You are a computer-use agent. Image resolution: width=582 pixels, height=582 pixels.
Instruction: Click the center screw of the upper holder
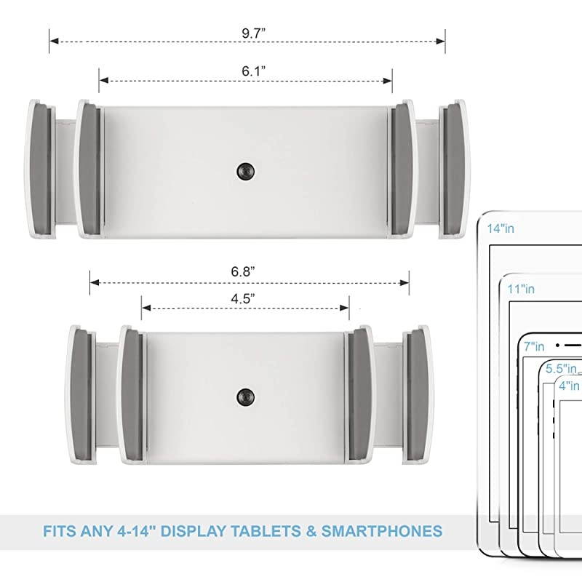(245, 172)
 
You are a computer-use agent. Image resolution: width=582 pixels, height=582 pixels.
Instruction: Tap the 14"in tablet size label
(501, 228)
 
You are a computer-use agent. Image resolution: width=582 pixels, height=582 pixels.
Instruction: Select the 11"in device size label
(522, 289)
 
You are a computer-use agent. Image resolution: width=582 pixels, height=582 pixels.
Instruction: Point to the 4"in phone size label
(570, 386)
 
